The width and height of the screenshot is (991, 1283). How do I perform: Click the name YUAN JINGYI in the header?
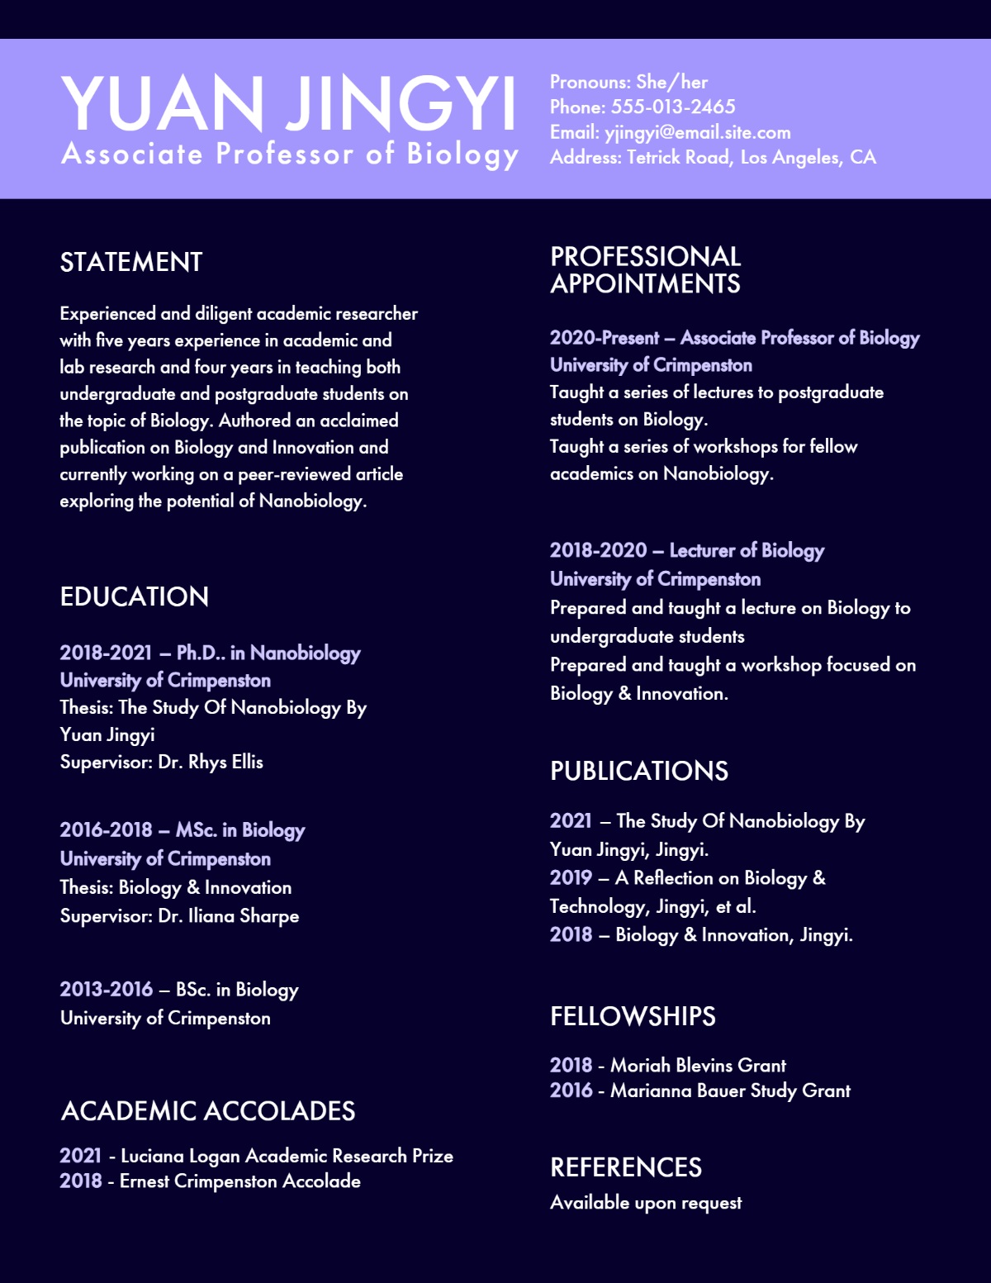click(288, 103)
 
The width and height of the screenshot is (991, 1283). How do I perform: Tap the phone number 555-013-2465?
click(673, 107)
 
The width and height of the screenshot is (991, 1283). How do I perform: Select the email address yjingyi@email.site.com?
click(697, 132)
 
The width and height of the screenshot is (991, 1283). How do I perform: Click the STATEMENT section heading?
click(131, 263)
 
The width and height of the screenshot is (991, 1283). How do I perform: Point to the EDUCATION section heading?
click(135, 597)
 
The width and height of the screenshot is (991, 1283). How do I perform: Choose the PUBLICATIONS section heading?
click(639, 772)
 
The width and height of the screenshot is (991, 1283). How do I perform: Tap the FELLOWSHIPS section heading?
click(633, 1017)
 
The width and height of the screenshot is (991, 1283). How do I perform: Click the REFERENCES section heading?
click(626, 1168)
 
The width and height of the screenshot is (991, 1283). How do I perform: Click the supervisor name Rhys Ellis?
click(225, 763)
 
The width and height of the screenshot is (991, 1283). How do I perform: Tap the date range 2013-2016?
click(107, 990)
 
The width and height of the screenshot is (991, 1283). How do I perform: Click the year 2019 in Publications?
click(571, 878)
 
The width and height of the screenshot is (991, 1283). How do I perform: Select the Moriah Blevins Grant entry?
click(698, 1066)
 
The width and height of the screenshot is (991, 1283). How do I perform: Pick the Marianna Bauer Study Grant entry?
click(730, 1091)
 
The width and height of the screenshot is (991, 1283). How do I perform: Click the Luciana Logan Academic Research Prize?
click(287, 1157)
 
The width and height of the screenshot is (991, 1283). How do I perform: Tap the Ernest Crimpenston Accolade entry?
click(239, 1182)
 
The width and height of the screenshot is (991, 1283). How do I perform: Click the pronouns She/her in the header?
click(671, 83)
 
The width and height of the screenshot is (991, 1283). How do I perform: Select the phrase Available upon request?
click(646, 1204)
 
